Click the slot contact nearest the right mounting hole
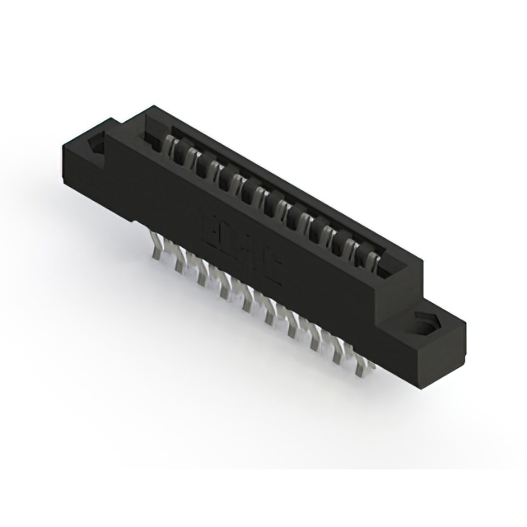point(373,263)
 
